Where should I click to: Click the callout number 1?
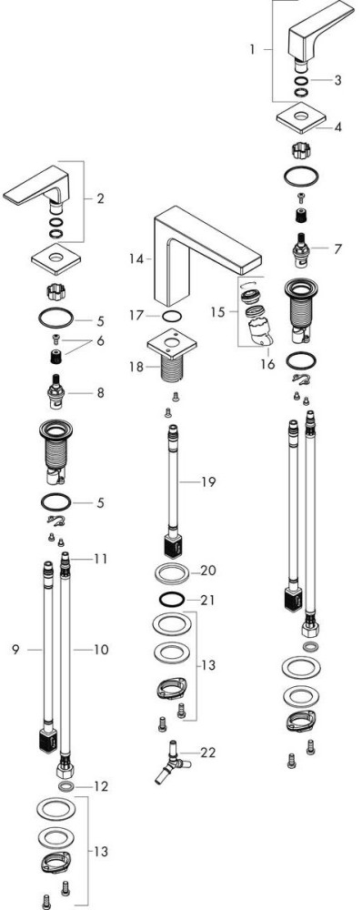click(252, 49)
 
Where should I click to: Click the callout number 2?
click(100, 199)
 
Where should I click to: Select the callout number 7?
click(337, 249)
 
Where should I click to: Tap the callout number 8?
click(100, 393)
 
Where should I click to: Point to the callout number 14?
click(136, 258)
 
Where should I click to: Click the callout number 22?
click(207, 753)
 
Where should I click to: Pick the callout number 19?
click(208, 481)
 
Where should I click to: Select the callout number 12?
click(100, 786)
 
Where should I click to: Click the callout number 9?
click(15, 650)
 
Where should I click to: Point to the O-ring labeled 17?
click(172, 317)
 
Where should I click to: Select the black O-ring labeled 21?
click(172, 599)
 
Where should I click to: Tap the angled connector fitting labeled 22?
click(172, 762)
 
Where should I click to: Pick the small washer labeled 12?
click(66, 786)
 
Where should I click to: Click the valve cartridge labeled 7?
click(301, 251)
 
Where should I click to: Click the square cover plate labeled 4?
click(300, 117)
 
